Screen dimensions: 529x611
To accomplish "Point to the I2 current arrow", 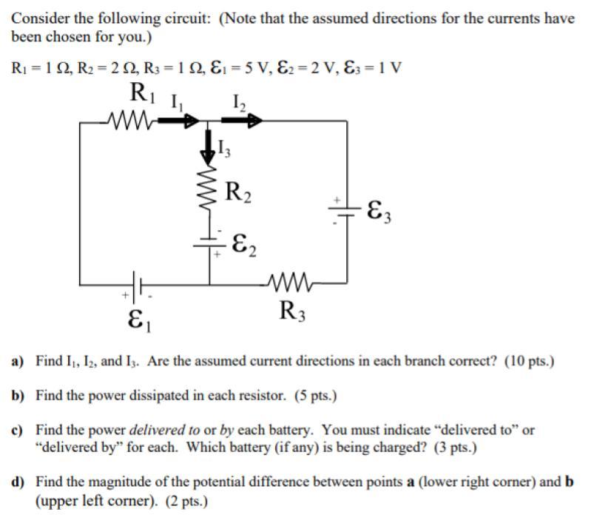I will (244, 119).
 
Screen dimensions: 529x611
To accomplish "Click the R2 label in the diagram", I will (238, 194).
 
